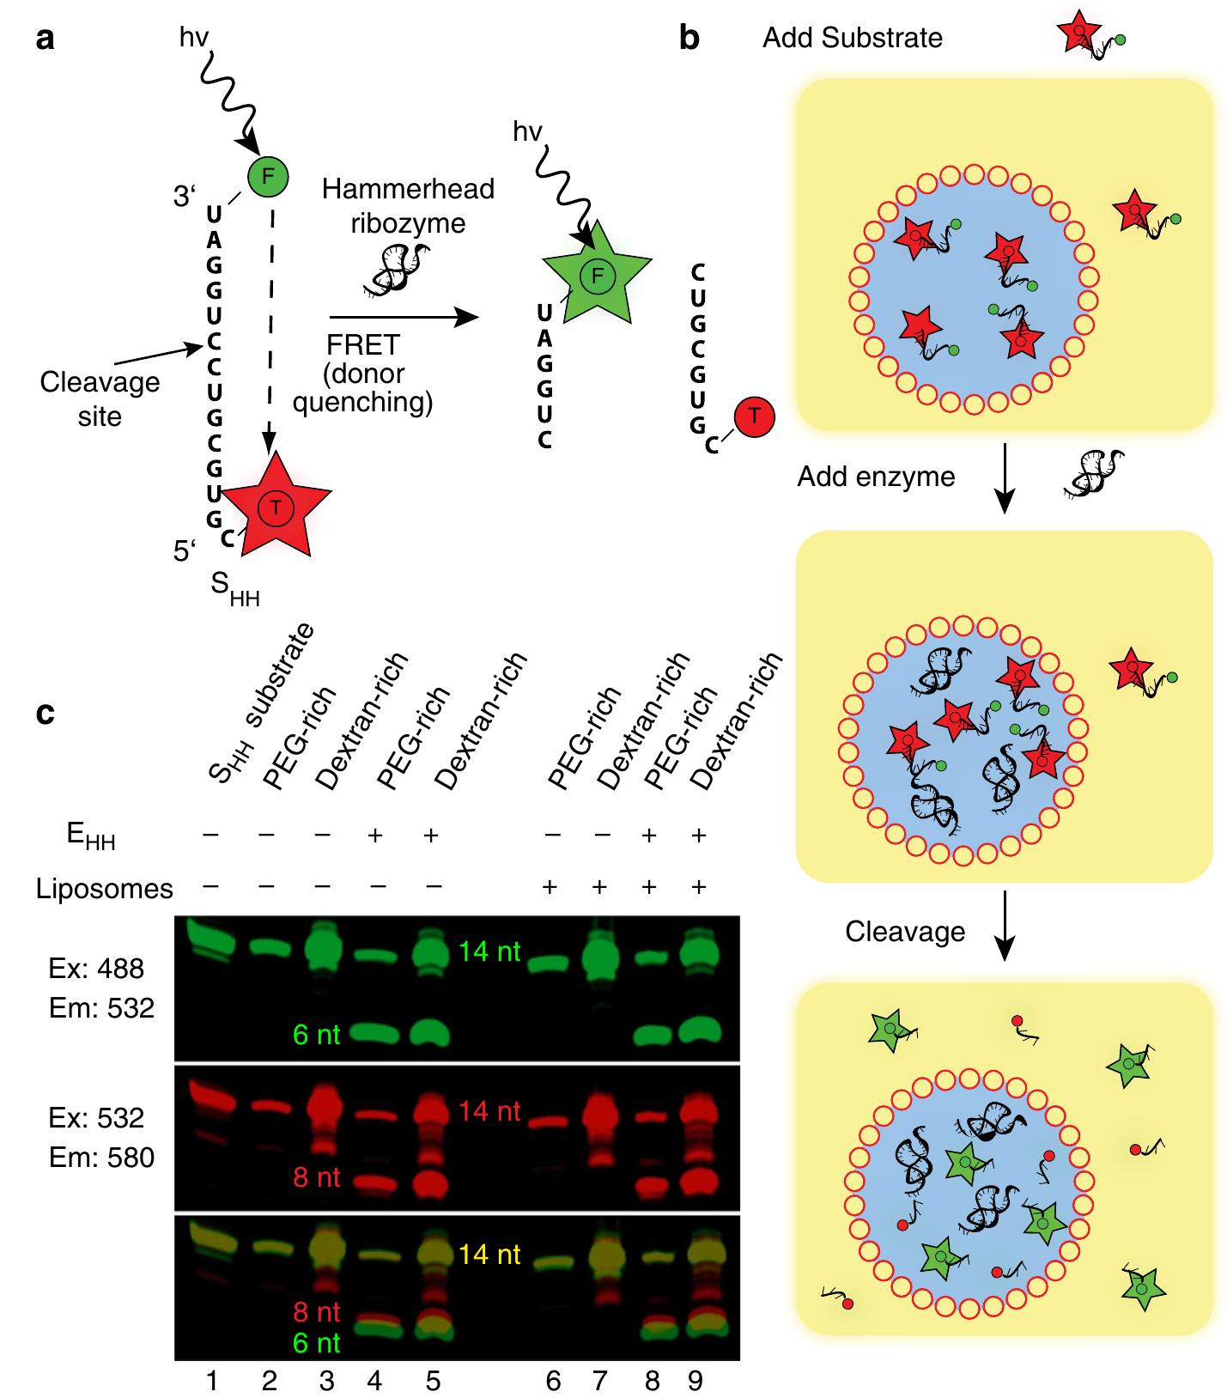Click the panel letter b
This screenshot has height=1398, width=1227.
(689, 40)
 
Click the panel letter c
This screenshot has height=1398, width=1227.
(46, 712)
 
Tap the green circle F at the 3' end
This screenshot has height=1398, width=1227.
(268, 177)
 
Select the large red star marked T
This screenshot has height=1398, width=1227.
(276, 507)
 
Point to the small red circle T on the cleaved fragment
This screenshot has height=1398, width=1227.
(754, 416)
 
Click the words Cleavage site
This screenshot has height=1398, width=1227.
(100, 399)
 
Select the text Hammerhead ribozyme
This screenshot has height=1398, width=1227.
(408, 206)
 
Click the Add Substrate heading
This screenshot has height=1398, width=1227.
(852, 38)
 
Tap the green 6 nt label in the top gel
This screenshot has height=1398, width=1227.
(316, 1035)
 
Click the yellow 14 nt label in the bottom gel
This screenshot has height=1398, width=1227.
(489, 1255)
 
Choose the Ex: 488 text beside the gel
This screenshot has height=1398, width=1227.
(96, 969)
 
